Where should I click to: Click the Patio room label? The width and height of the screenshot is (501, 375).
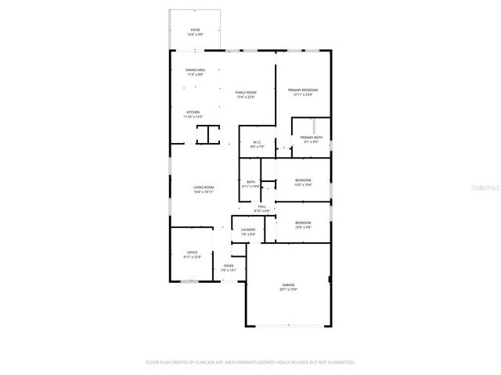(x=195, y=30)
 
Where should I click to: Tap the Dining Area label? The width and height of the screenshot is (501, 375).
(x=195, y=70)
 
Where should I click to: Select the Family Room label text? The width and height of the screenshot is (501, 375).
(x=246, y=92)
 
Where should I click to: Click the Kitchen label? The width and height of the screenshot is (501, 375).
(x=193, y=112)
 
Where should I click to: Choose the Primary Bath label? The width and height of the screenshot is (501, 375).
(x=311, y=137)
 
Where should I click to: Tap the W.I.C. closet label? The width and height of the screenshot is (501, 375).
(x=257, y=142)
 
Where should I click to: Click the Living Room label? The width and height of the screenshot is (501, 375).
(x=204, y=187)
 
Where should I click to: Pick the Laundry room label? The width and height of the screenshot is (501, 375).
(x=248, y=230)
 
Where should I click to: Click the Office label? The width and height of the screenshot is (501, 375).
(x=192, y=252)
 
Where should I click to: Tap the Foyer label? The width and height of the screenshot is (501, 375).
(x=229, y=266)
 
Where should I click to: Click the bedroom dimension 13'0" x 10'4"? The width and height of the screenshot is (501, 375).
(x=303, y=185)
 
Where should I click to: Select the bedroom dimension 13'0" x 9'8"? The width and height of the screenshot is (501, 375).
(x=303, y=227)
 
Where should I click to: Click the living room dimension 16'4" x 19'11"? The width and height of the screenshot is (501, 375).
(x=204, y=191)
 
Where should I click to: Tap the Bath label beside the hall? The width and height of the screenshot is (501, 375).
(x=250, y=182)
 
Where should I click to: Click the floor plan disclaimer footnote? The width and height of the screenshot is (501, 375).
(x=250, y=362)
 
